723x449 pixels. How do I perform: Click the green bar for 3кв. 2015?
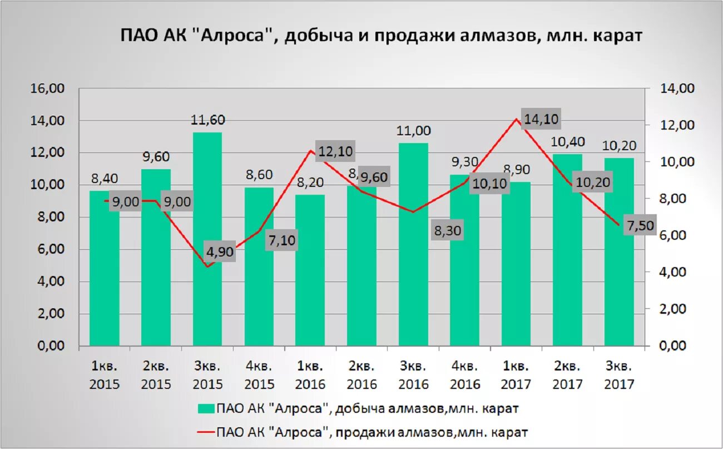207,239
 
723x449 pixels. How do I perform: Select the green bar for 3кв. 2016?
413,245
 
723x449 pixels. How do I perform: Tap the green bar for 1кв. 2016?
310,270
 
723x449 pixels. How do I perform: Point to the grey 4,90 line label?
219,252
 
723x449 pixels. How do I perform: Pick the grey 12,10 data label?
335,151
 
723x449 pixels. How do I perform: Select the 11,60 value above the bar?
207,120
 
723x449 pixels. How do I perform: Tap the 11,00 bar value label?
413,131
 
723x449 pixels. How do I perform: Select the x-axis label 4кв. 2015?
259,375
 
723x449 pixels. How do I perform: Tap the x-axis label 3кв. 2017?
619,375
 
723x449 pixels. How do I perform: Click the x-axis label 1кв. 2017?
516,375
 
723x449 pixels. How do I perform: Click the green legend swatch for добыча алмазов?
206,409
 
